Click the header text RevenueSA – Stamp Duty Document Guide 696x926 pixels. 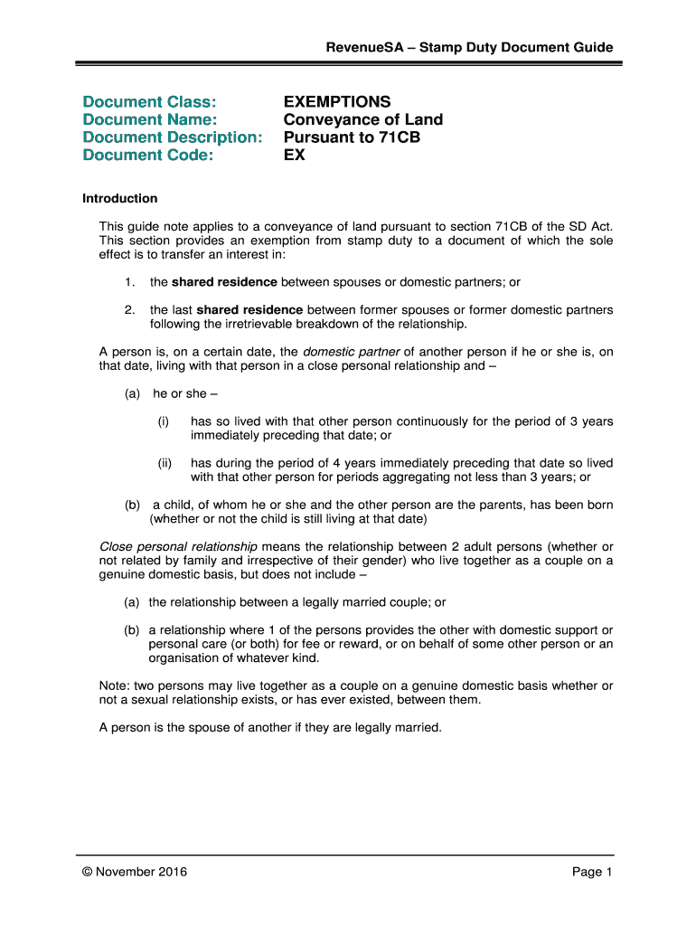point(470,47)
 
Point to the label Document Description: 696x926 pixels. point(173,137)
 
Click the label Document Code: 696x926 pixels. point(148,156)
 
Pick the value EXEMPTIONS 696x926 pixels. point(337,101)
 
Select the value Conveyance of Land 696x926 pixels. point(363,119)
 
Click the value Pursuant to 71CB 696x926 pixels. point(352,137)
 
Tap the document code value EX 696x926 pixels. point(295,156)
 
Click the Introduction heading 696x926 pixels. point(120,198)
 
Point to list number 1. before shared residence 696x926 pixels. point(130,281)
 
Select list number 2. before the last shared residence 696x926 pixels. point(130,309)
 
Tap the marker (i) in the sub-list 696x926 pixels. point(165,421)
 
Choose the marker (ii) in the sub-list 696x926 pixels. point(165,463)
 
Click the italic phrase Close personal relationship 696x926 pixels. point(178,547)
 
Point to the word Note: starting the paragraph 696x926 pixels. point(114,685)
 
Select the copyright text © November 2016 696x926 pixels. point(132,873)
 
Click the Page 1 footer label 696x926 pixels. point(592,873)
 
